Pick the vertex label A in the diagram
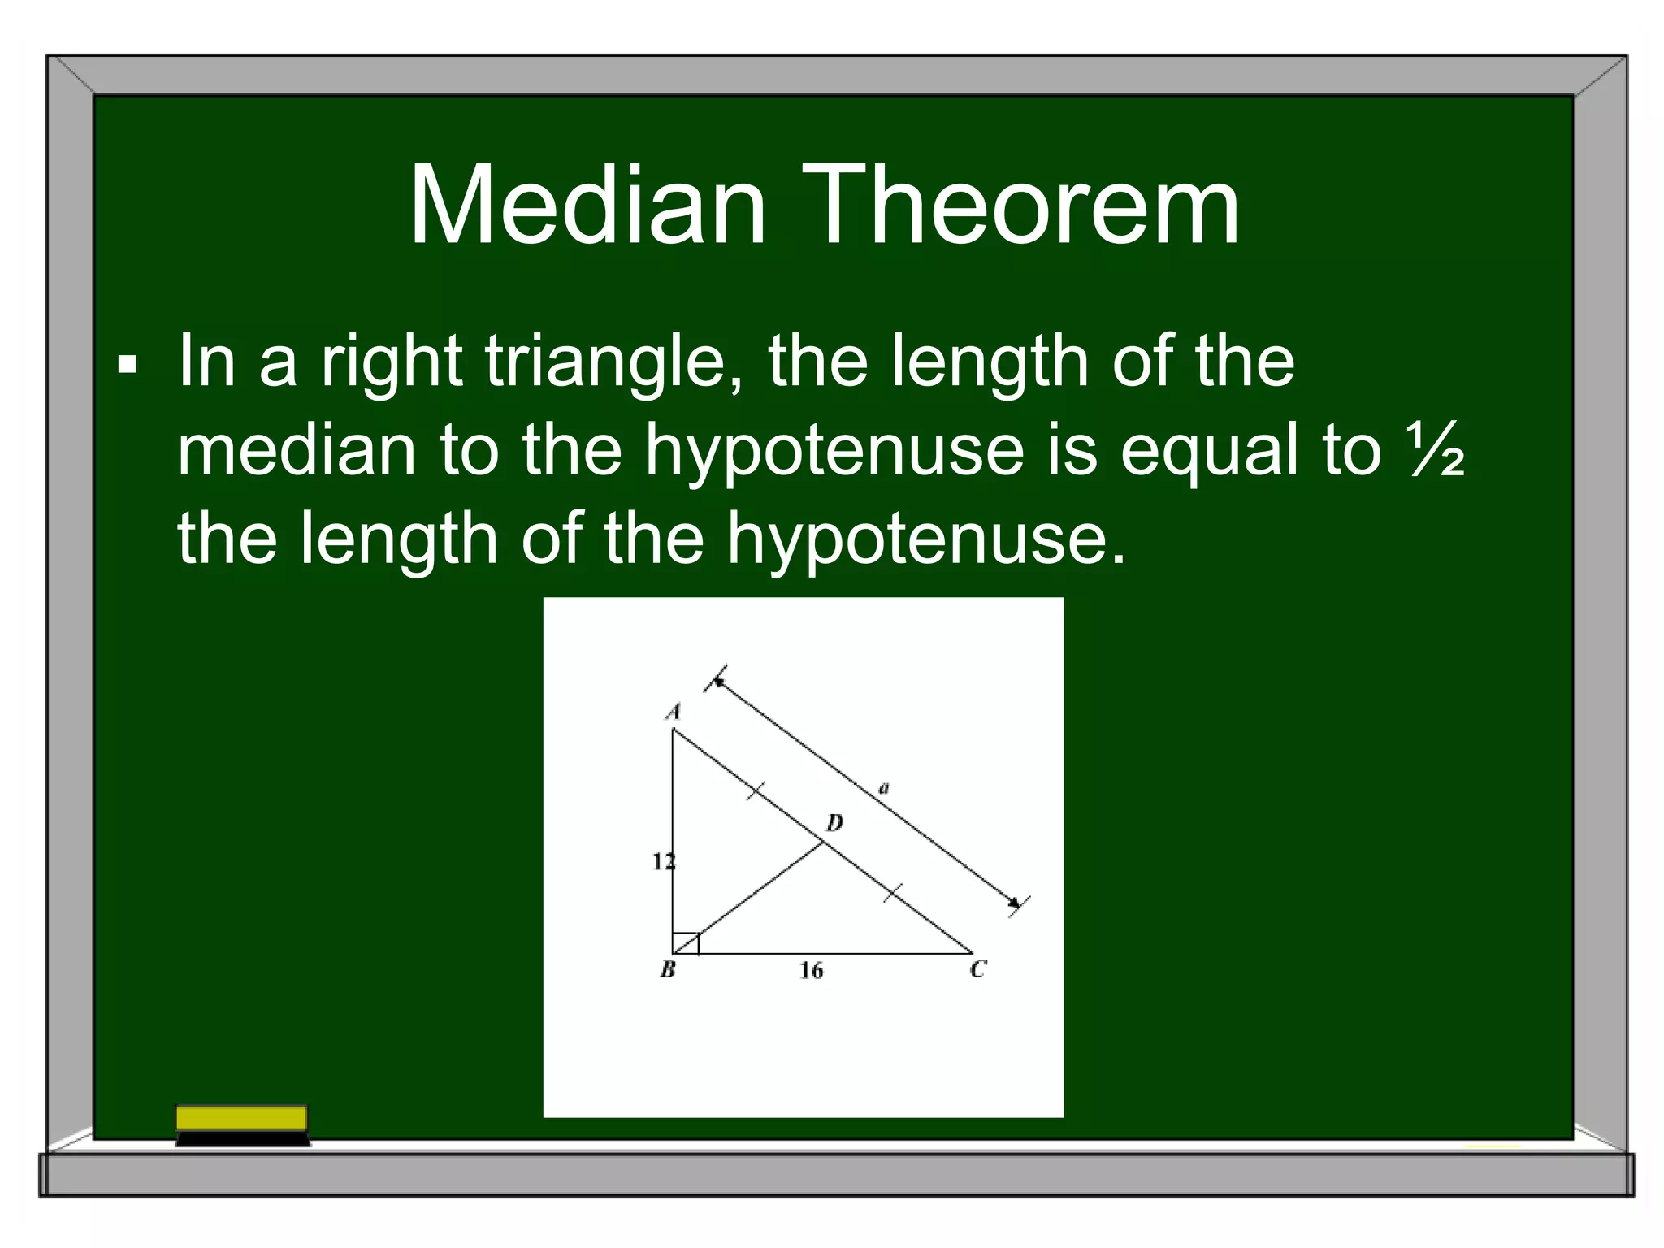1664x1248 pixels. (x=673, y=712)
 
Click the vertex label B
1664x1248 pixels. (x=668, y=969)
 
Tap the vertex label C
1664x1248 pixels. (x=977, y=969)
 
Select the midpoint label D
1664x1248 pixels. (x=834, y=824)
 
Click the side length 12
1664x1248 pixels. (x=663, y=861)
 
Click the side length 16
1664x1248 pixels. (x=811, y=970)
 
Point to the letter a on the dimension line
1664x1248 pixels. (x=885, y=787)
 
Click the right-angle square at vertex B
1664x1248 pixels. (x=685, y=942)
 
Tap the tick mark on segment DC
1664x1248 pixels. (x=893, y=893)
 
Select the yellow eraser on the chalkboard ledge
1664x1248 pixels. (x=242, y=1118)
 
